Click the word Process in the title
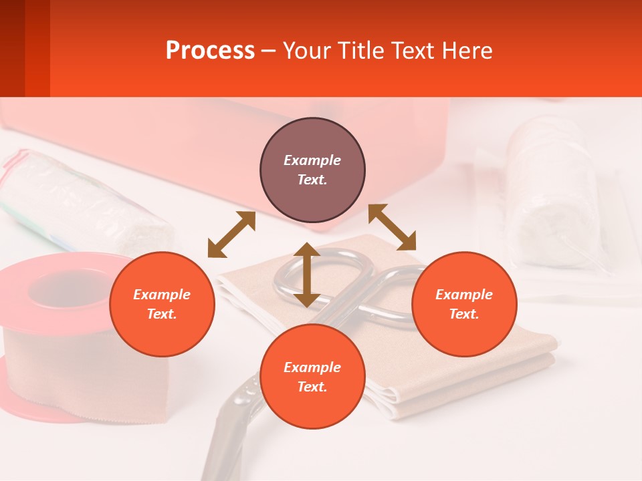pyautogui.click(x=210, y=51)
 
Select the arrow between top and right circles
pyautogui.click(x=392, y=227)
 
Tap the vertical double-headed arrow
pyautogui.click(x=307, y=275)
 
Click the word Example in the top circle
pyautogui.click(x=312, y=160)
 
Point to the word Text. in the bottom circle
pyautogui.click(x=312, y=387)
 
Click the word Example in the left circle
pyautogui.click(x=162, y=295)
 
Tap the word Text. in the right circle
pyautogui.click(x=464, y=314)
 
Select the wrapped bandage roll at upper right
pyautogui.click(x=552, y=194)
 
